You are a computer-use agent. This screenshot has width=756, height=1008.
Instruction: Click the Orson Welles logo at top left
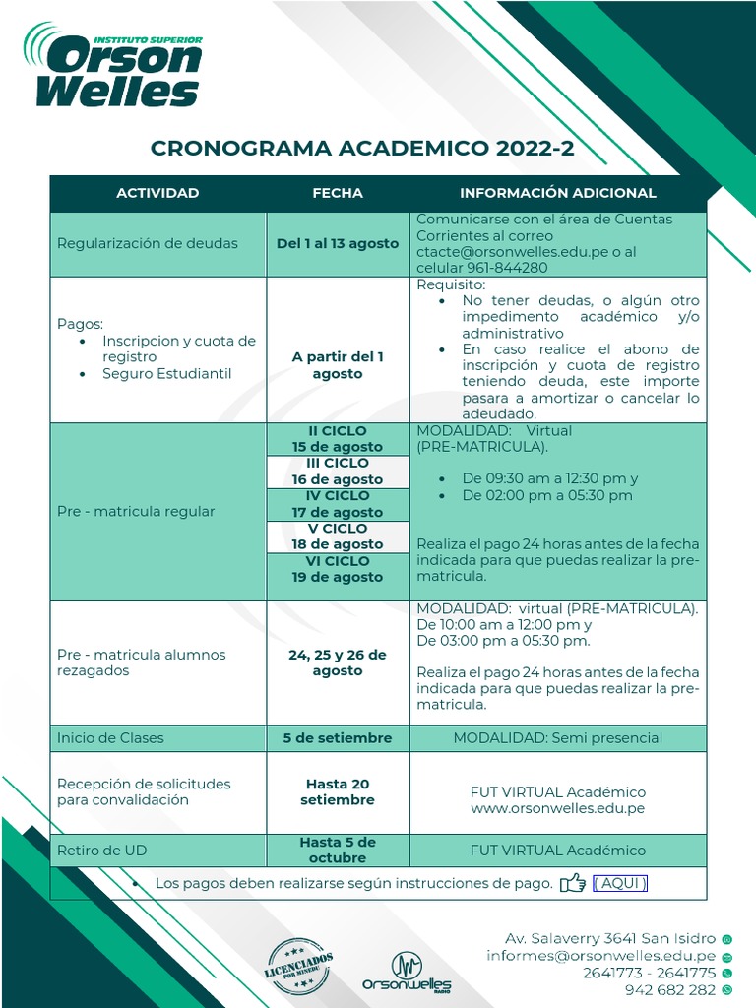click(x=113, y=66)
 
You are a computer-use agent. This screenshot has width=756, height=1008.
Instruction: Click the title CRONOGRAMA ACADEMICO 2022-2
click(x=362, y=149)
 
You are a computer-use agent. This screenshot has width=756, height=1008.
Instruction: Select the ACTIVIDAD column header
click(x=157, y=193)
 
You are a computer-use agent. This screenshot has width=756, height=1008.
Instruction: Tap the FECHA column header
click(x=338, y=193)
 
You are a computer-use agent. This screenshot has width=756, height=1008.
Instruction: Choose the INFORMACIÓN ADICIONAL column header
click(x=557, y=193)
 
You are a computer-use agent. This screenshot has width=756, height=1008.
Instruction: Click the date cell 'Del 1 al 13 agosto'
click(x=338, y=243)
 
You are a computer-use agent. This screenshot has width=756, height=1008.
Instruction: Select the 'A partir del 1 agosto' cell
click(x=338, y=365)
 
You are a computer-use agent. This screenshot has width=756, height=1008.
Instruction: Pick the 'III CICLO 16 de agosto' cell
click(x=338, y=472)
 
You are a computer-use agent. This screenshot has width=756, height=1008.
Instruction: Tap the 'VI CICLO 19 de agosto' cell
click(x=338, y=569)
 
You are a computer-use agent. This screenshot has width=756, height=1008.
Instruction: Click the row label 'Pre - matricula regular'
click(x=136, y=511)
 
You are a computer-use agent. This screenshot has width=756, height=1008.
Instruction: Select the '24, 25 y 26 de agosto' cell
click(x=338, y=662)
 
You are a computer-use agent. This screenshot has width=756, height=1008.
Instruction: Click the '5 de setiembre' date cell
click(x=338, y=738)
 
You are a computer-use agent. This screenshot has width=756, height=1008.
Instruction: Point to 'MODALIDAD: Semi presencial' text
click(x=557, y=738)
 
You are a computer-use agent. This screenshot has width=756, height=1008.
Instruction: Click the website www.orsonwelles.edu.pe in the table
click(x=557, y=808)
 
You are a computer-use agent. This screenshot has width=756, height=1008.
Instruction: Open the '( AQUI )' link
click(x=620, y=883)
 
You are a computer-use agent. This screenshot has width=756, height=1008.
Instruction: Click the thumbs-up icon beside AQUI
click(x=572, y=883)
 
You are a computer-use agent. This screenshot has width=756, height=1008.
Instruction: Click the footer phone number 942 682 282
click(x=669, y=990)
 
